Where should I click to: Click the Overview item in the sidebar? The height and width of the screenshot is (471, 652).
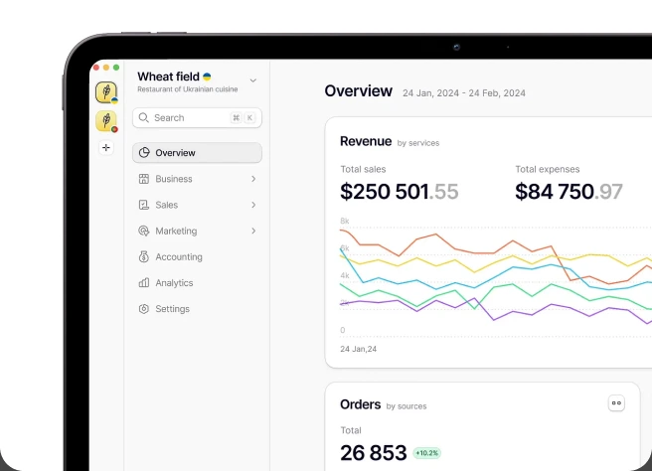click(x=197, y=153)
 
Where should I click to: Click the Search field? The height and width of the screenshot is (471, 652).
click(x=197, y=117)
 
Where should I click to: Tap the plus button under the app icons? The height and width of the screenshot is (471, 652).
click(x=106, y=148)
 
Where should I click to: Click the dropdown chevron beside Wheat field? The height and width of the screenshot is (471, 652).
click(x=252, y=80)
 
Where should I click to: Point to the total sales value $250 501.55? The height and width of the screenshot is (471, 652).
click(x=400, y=192)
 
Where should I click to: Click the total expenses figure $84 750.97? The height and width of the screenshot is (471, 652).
click(x=569, y=192)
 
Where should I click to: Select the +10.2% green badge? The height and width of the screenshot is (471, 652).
click(x=427, y=453)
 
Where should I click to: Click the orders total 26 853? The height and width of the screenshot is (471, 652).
click(x=373, y=453)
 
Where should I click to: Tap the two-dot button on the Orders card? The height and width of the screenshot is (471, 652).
click(x=616, y=402)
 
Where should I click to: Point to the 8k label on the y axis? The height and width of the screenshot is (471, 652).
click(x=345, y=221)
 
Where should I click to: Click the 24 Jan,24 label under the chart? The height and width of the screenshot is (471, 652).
click(x=359, y=349)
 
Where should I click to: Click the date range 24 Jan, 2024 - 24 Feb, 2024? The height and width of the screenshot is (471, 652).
click(x=464, y=93)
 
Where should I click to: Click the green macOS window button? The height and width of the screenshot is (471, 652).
click(x=116, y=68)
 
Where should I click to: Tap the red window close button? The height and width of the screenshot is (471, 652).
click(x=96, y=68)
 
